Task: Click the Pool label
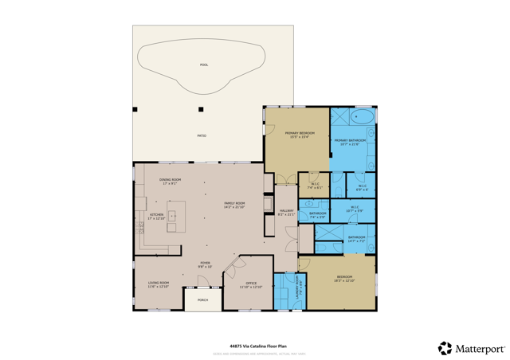tap(204, 65)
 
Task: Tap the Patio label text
tap(202, 135)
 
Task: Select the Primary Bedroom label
tap(302, 135)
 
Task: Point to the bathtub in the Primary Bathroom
tap(362, 117)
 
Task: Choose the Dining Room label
tap(170, 181)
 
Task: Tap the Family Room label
tap(234, 205)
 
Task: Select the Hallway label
tap(286, 212)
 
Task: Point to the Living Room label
tap(159, 284)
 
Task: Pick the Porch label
tap(202, 300)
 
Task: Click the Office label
tap(251, 284)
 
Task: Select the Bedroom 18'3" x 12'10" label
tap(344, 278)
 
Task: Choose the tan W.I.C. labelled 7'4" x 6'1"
tap(314, 186)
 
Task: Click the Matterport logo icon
tap(445, 348)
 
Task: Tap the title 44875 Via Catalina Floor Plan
tap(257, 346)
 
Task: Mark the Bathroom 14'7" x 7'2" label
tap(356, 238)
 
